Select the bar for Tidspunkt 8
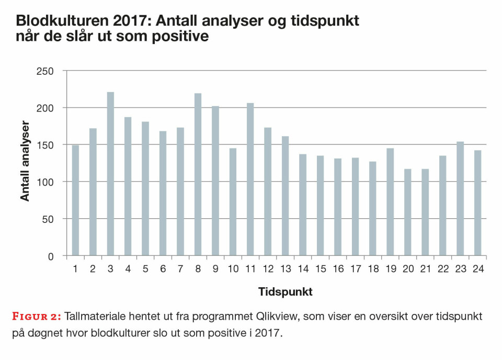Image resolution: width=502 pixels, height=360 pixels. tap(198, 175)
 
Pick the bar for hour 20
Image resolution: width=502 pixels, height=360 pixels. tap(407, 212)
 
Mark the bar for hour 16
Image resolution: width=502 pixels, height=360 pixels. tap(337, 207)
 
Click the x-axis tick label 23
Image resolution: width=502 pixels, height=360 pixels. tap(460, 269)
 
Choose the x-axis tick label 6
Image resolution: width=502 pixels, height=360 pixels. tap(163, 269)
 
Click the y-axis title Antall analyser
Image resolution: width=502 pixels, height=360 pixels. tap(25, 161)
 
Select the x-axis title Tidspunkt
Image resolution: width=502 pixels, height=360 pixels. tap(285, 292)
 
